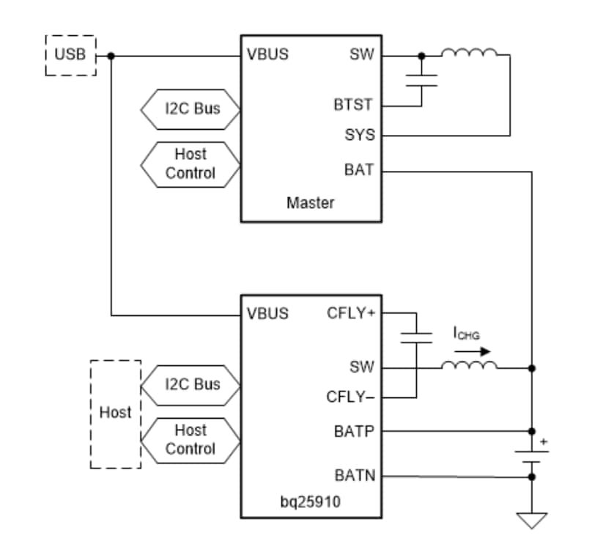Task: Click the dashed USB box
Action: pos(70,55)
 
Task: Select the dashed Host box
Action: pos(115,414)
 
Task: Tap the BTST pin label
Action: pos(353,105)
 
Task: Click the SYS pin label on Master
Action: pos(359,135)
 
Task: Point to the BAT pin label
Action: pos(359,170)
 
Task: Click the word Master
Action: pos(310,202)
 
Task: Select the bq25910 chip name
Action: pos(310,503)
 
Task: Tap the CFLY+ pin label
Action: pos(351,313)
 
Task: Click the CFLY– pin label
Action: pos(351,397)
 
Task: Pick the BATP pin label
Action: pos(355,431)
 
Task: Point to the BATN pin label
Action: pos(355,476)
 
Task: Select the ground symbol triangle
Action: pos(531,520)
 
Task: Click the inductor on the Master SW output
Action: pos(469,53)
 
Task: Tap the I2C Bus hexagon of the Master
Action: pos(191,109)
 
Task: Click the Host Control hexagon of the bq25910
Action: pos(191,439)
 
